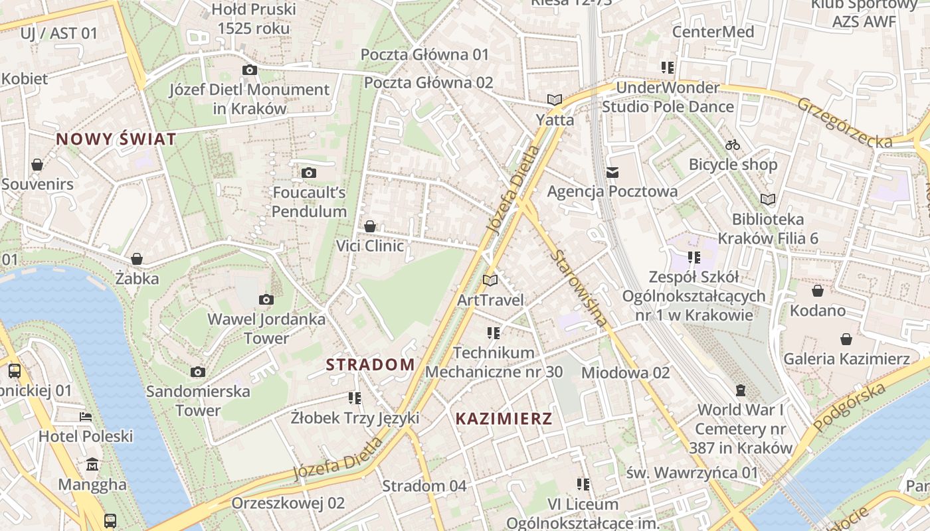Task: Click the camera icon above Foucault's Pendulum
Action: [308, 173]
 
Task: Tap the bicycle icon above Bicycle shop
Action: [733, 145]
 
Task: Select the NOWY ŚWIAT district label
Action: [116, 139]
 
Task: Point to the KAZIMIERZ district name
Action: [504, 419]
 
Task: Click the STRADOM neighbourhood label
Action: [370, 364]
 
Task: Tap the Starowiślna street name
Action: [579, 288]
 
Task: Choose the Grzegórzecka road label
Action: [844, 123]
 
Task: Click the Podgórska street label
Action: [850, 407]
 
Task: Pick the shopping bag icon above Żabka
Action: [137, 259]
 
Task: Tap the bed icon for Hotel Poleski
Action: [86, 417]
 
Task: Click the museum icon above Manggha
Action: [92, 464]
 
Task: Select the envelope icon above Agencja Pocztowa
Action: [612, 173]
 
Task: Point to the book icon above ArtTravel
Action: [490, 280]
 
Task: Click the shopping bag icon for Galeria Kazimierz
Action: [846, 340]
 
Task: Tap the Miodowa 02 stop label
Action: [625, 373]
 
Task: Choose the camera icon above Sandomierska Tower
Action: [197, 372]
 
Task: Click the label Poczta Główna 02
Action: [428, 83]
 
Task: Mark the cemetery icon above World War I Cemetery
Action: [741, 390]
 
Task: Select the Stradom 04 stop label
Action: [424, 486]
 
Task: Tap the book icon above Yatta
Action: [555, 100]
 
